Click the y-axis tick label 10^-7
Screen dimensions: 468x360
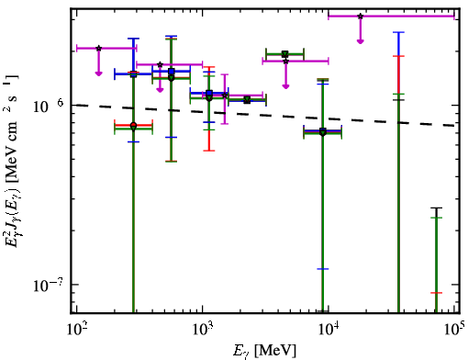(48, 285)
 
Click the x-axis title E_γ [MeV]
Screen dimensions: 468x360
(264, 351)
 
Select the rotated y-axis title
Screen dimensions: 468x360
(11, 161)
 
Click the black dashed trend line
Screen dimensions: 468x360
(265, 115)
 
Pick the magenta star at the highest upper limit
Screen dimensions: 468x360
(361, 16)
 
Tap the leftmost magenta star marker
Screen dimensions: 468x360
(98, 48)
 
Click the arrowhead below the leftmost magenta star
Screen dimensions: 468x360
(98, 73)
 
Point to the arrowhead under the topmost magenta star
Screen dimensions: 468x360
(361, 41)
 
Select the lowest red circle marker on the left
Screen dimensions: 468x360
(133, 125)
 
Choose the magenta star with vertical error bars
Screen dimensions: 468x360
(225, 96)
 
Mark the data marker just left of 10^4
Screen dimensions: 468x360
(323, 132)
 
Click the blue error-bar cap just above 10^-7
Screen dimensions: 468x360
(323, 269)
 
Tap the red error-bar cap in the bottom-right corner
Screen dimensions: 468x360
(437, 293)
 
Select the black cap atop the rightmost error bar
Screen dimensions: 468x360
(437, 208)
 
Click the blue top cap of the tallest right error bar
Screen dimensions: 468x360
(398, 32)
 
